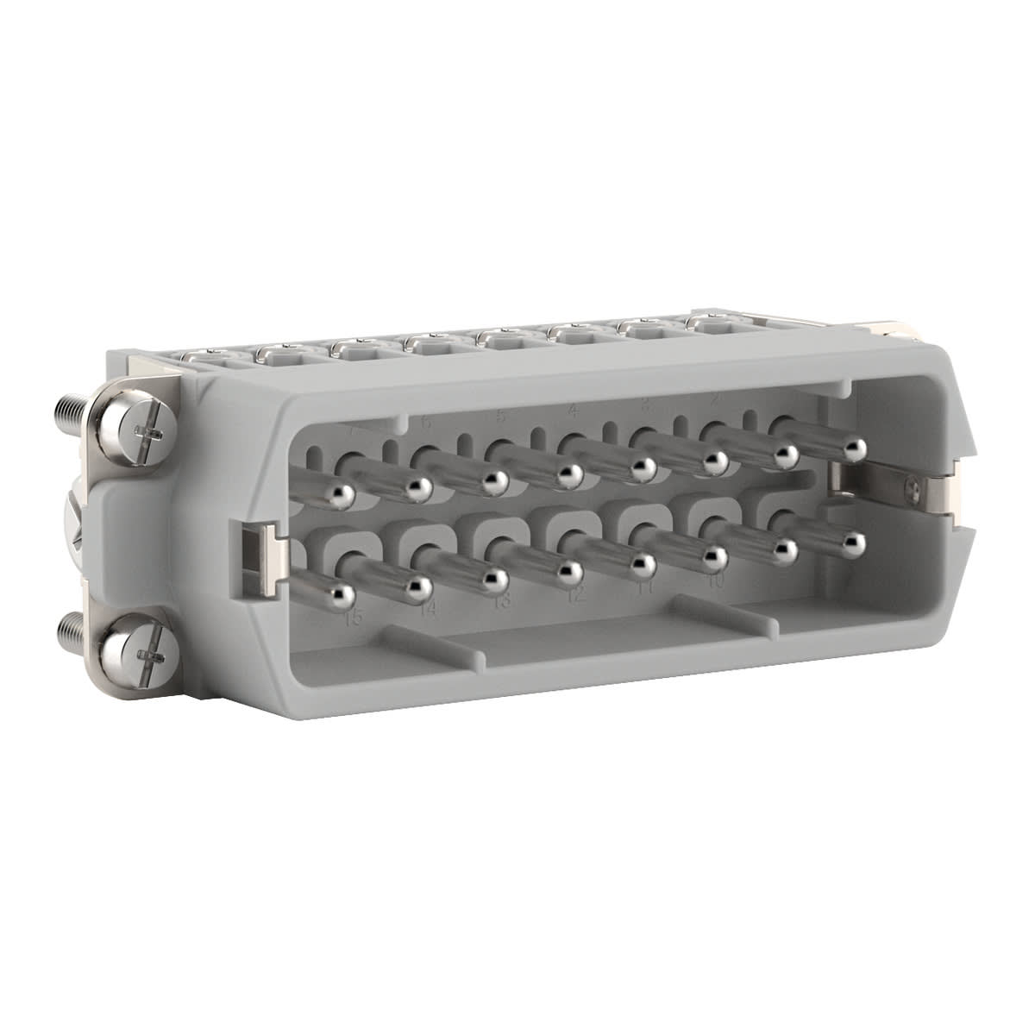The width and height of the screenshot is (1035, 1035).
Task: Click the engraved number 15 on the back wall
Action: (x=352, y=618)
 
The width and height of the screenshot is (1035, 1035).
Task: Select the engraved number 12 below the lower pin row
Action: (x=575, y=595)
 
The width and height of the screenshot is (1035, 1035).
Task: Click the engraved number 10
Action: (x=715, y=580)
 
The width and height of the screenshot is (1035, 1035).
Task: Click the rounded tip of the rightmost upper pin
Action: (x=854, y=448)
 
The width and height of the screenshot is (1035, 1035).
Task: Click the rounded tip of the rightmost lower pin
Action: (x=854, y=542)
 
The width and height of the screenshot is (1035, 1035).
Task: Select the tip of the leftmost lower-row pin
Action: (x=342, y=594)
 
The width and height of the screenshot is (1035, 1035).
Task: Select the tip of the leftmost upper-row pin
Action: (x=342, y=492)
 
